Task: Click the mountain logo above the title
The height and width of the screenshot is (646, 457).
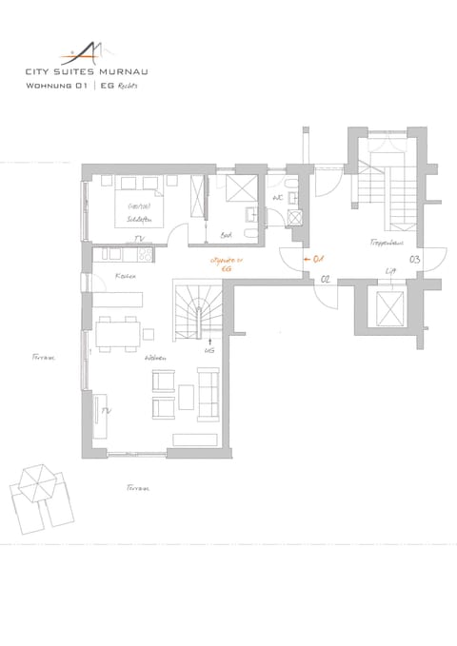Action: pyautogui.click(x=86, y=49)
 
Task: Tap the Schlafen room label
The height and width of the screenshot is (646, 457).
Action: pyautogui.click(x=140, y=218)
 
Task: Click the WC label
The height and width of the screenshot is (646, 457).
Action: pyautogui.click(x=278, y=198)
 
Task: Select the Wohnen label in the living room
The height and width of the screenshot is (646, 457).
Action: pyautogui.click(x=156, y=358)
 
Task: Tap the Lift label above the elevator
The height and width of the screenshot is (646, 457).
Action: pyautogui.click(x=390, y=272)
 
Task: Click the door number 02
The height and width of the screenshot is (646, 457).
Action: pyautogui.click(x=325, y=279)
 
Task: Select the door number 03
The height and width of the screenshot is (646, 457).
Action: pyautogui.click(x=415, y=259)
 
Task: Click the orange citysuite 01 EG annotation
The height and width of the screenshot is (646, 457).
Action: pyautogui.click(x=227, y=264)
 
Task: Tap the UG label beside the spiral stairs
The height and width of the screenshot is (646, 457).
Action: pyautogui.click(x=209, y=351)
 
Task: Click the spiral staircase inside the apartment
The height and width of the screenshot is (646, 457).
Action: pyautogui.click(x=199, y=309)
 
